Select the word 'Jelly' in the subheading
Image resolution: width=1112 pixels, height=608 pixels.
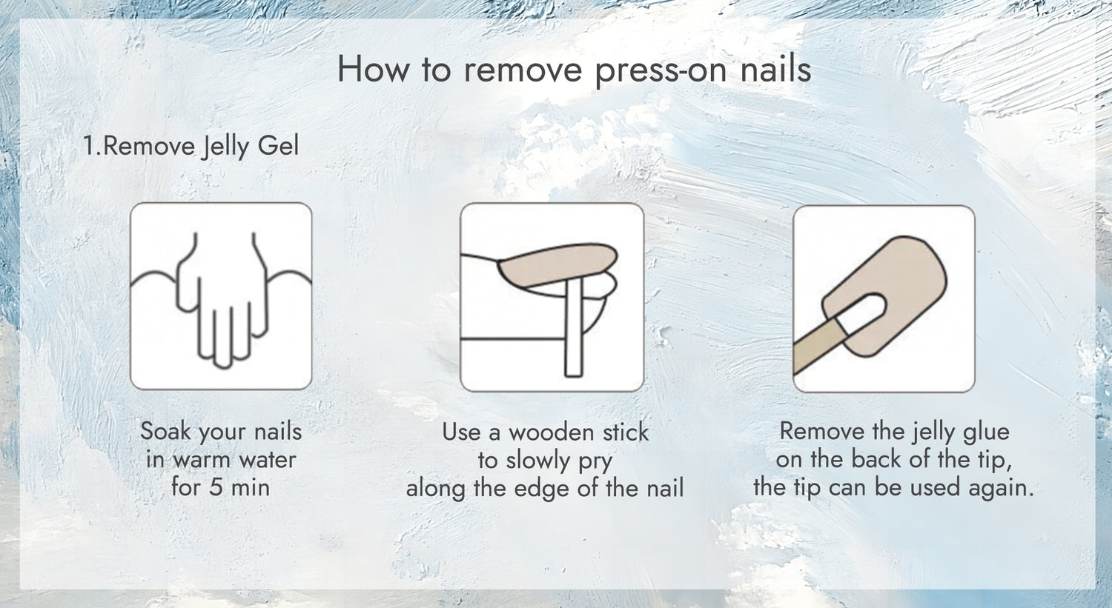pyautogui.click(x=223, y=147)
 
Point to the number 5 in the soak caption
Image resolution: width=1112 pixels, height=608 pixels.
pyautogui.click(x=216, y=487)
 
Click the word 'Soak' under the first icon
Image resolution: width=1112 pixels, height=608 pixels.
pyautogui.click(x=166, y=431)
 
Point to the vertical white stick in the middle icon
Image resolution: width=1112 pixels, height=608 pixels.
pyautogui.click(x=573, y=327)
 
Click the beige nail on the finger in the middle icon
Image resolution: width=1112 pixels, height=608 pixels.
pyautogui.click(x=556, y=265)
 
